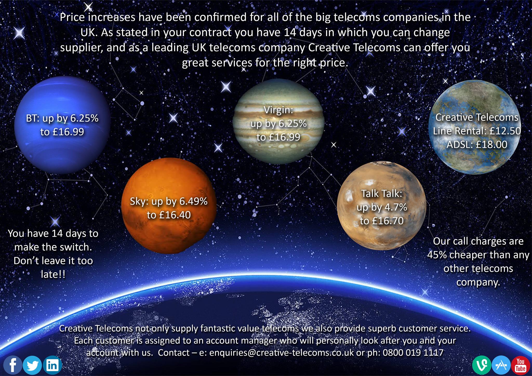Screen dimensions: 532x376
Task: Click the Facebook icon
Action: click(x=12, y=365)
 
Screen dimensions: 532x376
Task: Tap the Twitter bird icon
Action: click(x=32, y=365)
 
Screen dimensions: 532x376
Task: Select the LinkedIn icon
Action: click(x=52, y=365)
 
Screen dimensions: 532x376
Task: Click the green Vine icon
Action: click(x=482, y=365)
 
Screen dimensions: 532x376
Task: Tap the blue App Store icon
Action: click(x=501, y=365)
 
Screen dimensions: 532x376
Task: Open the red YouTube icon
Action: click(x=521, y=365)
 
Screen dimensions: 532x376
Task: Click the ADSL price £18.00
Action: click(x=491, y=144)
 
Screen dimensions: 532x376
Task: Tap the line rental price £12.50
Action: click(x=505, y=131)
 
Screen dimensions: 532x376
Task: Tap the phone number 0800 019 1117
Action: click(x=413, y=353)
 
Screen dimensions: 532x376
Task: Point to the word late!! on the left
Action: click(x=53, y=274)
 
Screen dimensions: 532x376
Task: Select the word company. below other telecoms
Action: click(x=478, y=282)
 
